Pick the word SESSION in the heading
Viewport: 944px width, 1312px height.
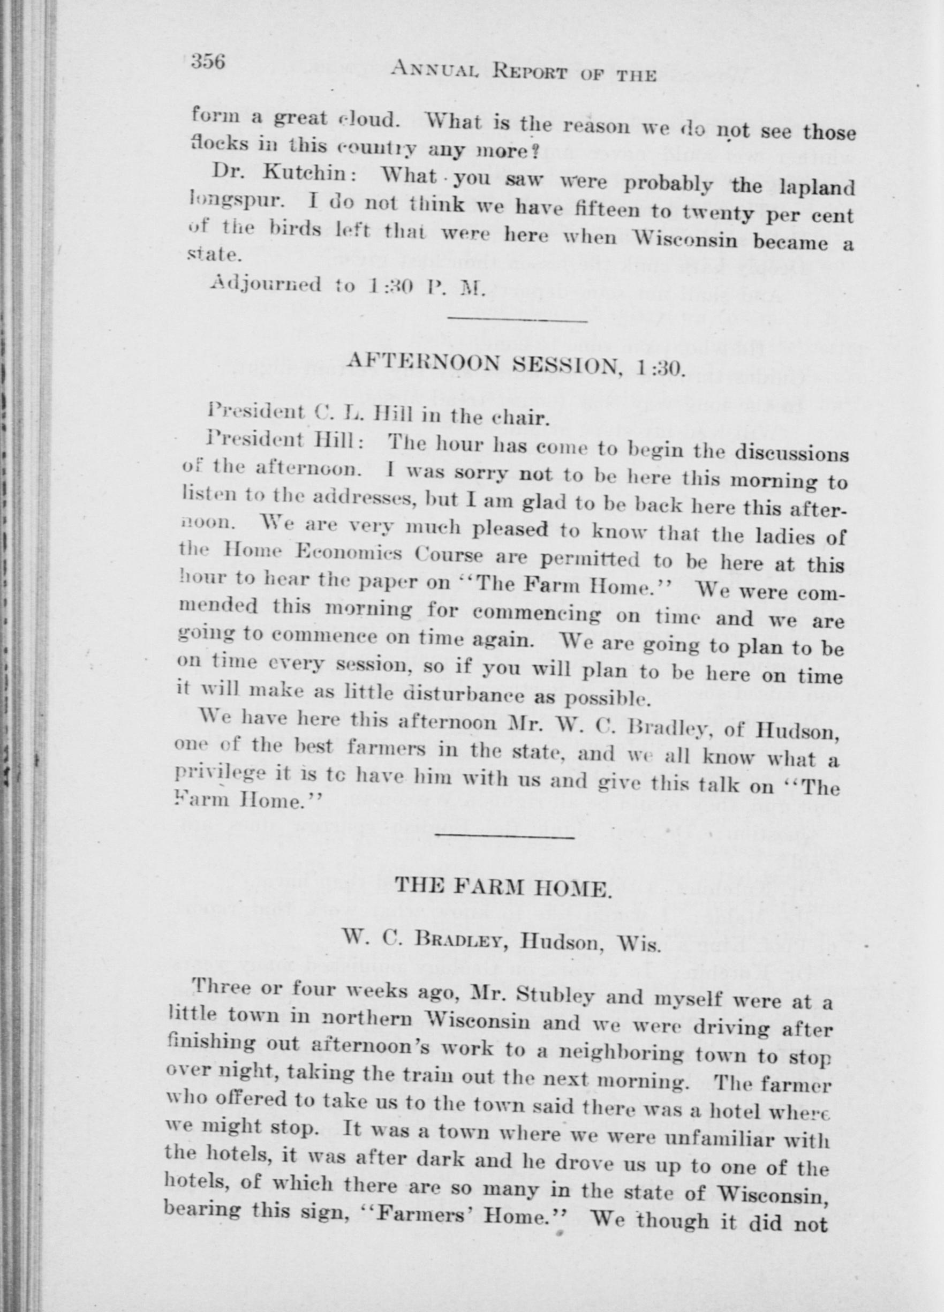click(x=566, y=365)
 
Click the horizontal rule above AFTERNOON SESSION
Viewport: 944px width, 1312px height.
click(x=518, y=319)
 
